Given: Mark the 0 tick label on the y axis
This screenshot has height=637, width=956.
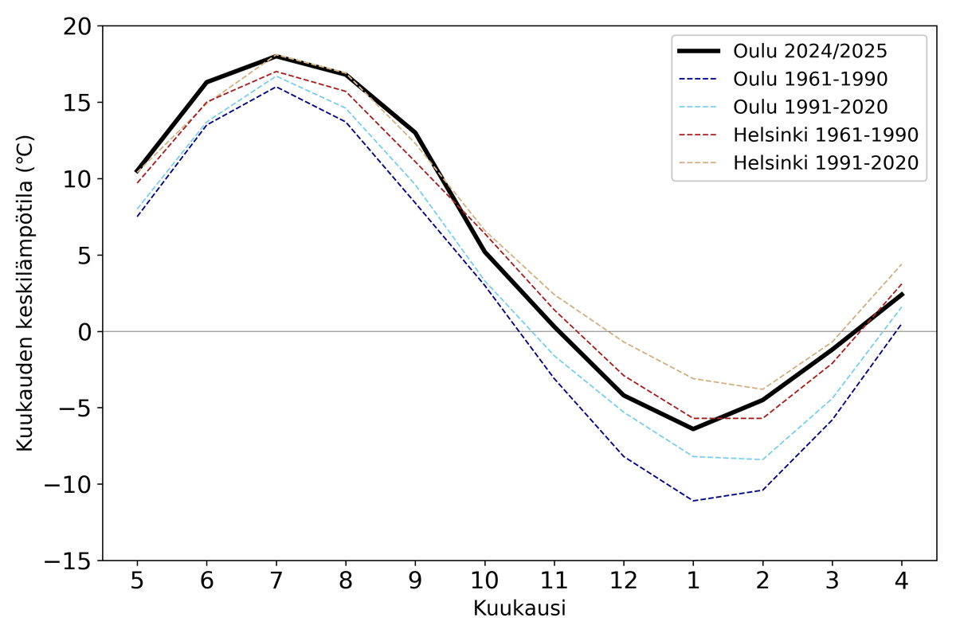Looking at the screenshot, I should (x=85, y=331).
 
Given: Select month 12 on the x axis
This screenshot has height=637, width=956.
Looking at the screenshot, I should (x=624, y=580).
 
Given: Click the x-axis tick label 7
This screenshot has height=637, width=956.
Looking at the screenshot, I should (x=276, y=580).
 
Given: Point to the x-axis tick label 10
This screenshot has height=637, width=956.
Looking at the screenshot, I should (x=484, y=580).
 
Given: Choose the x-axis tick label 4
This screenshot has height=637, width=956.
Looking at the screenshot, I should (x=902, y=580).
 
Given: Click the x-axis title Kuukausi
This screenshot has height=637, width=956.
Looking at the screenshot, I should (x=519, y=609).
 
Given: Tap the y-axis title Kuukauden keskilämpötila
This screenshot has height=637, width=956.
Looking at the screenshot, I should (x=25, y=293).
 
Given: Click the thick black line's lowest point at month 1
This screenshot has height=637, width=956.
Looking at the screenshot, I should (x=693, y=429).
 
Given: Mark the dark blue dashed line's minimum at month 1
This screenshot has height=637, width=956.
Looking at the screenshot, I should (x=693, y=501).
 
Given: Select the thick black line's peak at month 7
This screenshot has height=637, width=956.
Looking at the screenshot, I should (x=276, y=57).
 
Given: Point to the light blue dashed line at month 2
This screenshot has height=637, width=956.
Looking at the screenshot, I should (x=762, y=459).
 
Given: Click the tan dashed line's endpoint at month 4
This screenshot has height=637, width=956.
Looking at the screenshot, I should (x=902, y=264).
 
